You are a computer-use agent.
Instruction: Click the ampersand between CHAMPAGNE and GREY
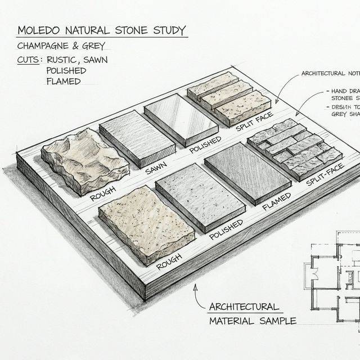pos(83,46)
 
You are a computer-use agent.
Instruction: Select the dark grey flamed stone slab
pos(247,170)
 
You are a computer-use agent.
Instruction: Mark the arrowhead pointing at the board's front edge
pos(195,287)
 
